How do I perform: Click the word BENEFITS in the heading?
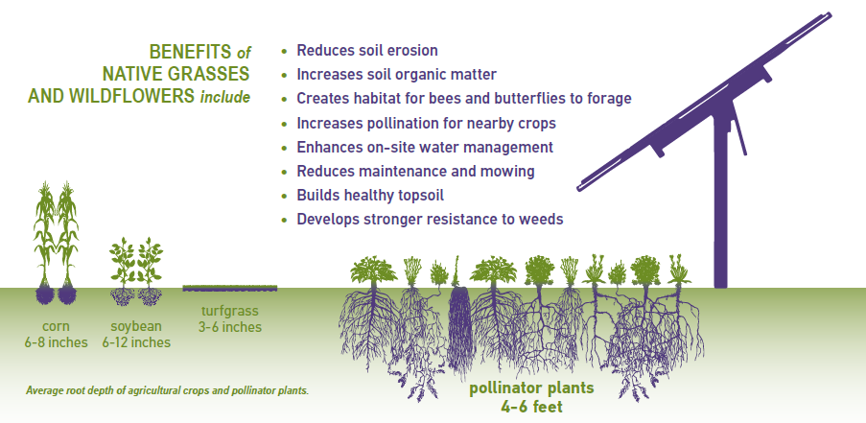pos(190,52)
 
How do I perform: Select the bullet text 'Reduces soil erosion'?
pos(367,50)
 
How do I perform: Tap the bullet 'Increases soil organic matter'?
pos(396,74)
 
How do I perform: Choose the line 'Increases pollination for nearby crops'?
pos(427,123)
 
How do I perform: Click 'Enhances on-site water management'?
pos(425,148)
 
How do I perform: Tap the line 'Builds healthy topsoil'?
pos(370,196)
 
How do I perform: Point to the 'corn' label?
pos(56,326)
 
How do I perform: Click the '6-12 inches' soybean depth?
pos(136,342)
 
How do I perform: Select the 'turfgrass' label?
pos(230,311)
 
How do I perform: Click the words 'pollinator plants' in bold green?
pos(531,388)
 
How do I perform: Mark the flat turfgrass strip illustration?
pos(230,288)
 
